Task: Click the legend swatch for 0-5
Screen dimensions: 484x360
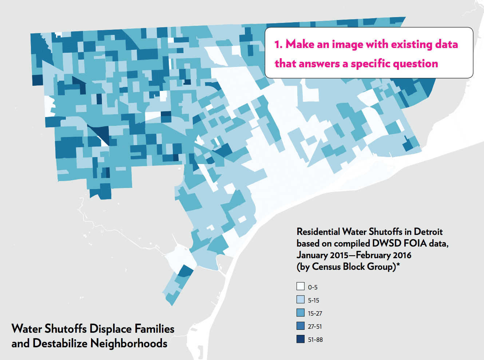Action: coord(301,286)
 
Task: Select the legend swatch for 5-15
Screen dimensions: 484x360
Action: coord(301,299)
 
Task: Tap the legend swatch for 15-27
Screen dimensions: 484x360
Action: coord(301,312)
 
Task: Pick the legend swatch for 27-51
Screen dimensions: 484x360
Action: coord(301,325)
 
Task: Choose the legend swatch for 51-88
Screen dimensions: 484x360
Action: coord(301,339)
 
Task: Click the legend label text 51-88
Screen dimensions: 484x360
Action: coord(315,340)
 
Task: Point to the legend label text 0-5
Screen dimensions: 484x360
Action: coord(313,287)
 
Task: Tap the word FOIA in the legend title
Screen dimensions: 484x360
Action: coord(415,243)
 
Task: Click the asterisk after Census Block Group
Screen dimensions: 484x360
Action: coord(398,264)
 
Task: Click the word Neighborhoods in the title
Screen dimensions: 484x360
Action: coord(129,343)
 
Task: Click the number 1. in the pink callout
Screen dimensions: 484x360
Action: coord(278,44)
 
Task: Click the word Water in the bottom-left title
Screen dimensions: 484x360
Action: coord(27,329)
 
